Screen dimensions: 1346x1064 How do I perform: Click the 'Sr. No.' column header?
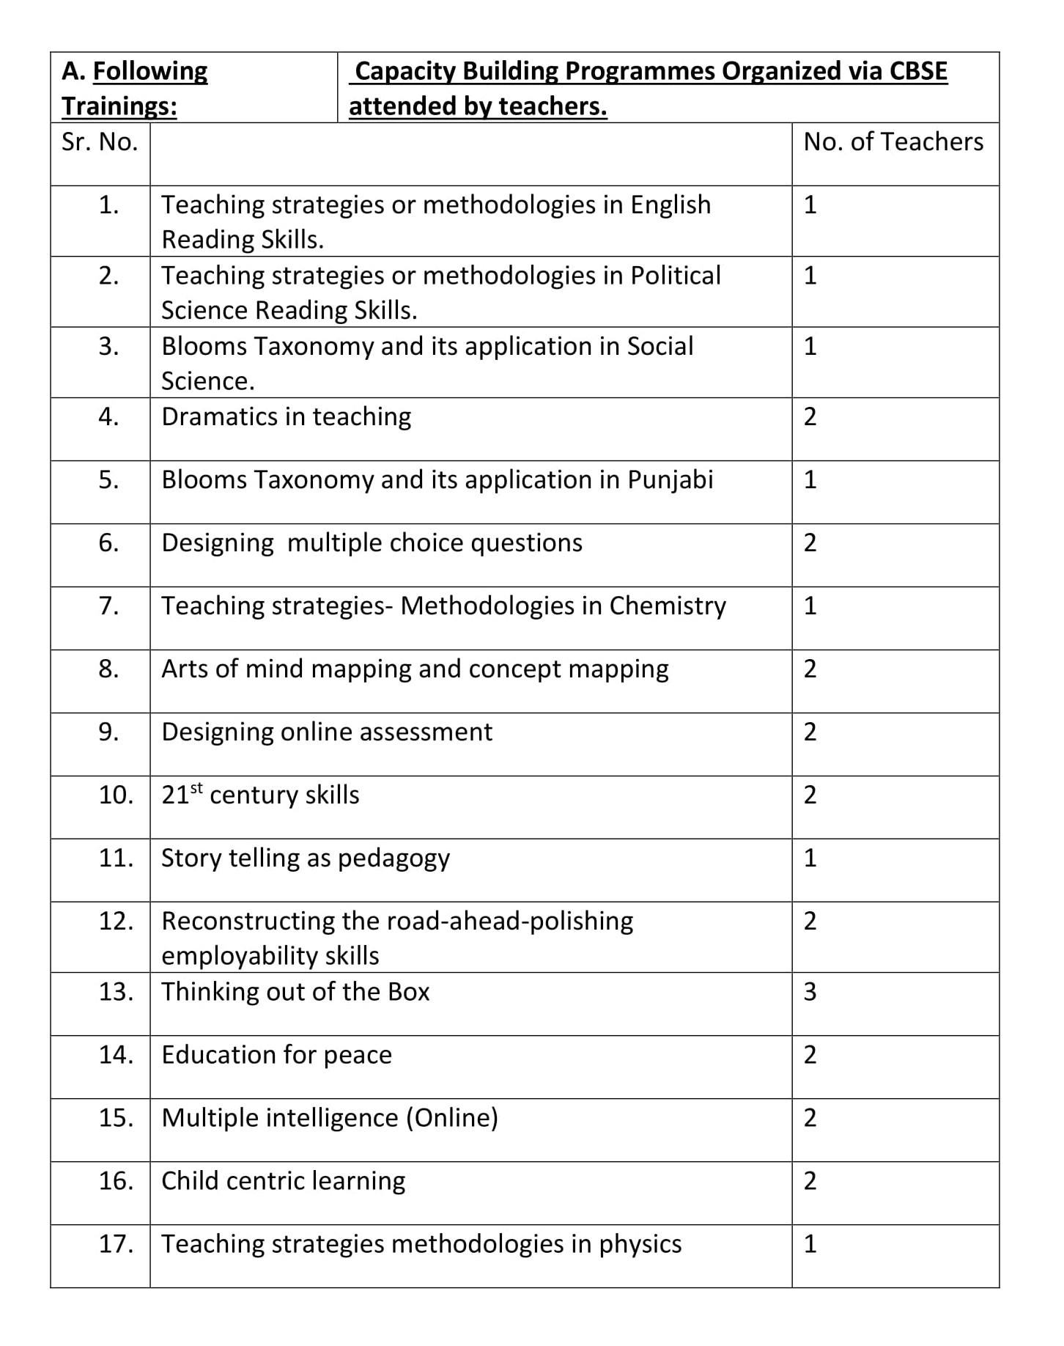pyautogui.click(x=100, y=142)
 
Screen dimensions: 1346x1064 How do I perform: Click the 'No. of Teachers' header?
pyautogui.click(x=893, y=142)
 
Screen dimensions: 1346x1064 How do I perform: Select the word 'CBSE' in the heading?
pyautogui.click(x=918, y=71)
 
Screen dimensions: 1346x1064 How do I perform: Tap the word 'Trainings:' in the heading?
pyautogui.click(x=119, y=106)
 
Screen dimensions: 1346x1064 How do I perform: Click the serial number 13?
pyautogui.click(x=116, y=992)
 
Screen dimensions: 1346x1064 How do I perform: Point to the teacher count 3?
pyautogui.click(x=810, y=992)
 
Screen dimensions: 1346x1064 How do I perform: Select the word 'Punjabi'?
pyautogui.click(x=670, y=480)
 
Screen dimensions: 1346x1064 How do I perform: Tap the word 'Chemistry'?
pyautogui.click(x=668, y=606)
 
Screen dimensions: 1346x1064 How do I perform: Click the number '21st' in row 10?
pyautogui.click(x=181, y=795)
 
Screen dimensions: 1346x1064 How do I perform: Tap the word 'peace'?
pyautogui.click(x=357, y=1056)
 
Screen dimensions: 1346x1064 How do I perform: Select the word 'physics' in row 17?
pyautogui.click(x=640, y=1245)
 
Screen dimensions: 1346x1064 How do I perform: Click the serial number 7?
pyautogui.click(x=108, y=606)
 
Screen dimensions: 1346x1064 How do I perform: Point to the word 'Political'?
pyautogui.click(x=676, y=276)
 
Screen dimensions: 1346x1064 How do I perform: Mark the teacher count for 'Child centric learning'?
pyautogui.click(x=810, y=1181)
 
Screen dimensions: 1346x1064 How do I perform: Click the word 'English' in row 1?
pyautogui.click(x=670, y=205)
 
